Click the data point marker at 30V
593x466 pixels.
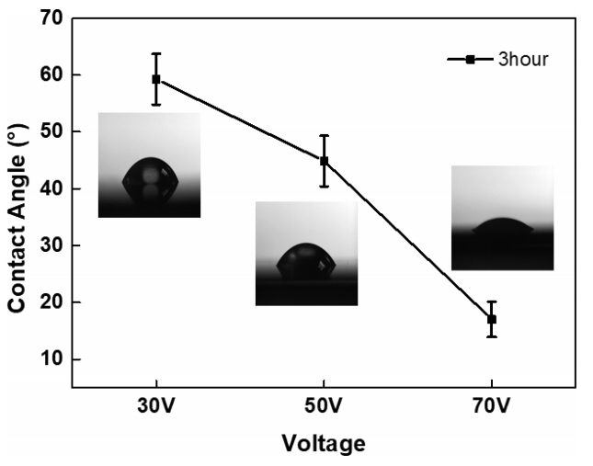pyautogui.click(x=156, y=79)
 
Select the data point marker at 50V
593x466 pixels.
pyautogui.click(x=324, y=161)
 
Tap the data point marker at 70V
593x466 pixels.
pyautogui.click(x=492, y=319)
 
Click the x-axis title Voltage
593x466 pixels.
pyautogui.click(x=325, y=445)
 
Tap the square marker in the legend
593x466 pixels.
pyautogui.click(x=470, y=60)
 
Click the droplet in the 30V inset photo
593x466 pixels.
pyautogui.click(x=150, y=182)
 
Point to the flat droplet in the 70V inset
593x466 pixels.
pyautogui.click(x=503, y=226)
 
